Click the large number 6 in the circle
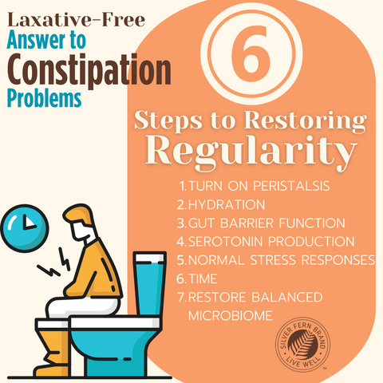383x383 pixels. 251,50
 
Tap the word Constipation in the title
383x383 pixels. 89,70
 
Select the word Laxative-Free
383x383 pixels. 76,20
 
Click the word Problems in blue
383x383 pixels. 44,98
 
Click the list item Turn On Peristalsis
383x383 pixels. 255,186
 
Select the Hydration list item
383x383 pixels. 221,204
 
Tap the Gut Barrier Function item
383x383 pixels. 261,223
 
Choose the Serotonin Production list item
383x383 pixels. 266,242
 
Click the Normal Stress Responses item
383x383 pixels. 276,260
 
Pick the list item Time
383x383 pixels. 197,278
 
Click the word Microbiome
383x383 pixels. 231,316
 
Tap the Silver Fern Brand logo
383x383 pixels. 302,345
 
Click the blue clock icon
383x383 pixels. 25,228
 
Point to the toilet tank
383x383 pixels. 149,284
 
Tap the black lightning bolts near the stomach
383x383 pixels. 54,263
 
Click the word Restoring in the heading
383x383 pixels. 306,121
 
